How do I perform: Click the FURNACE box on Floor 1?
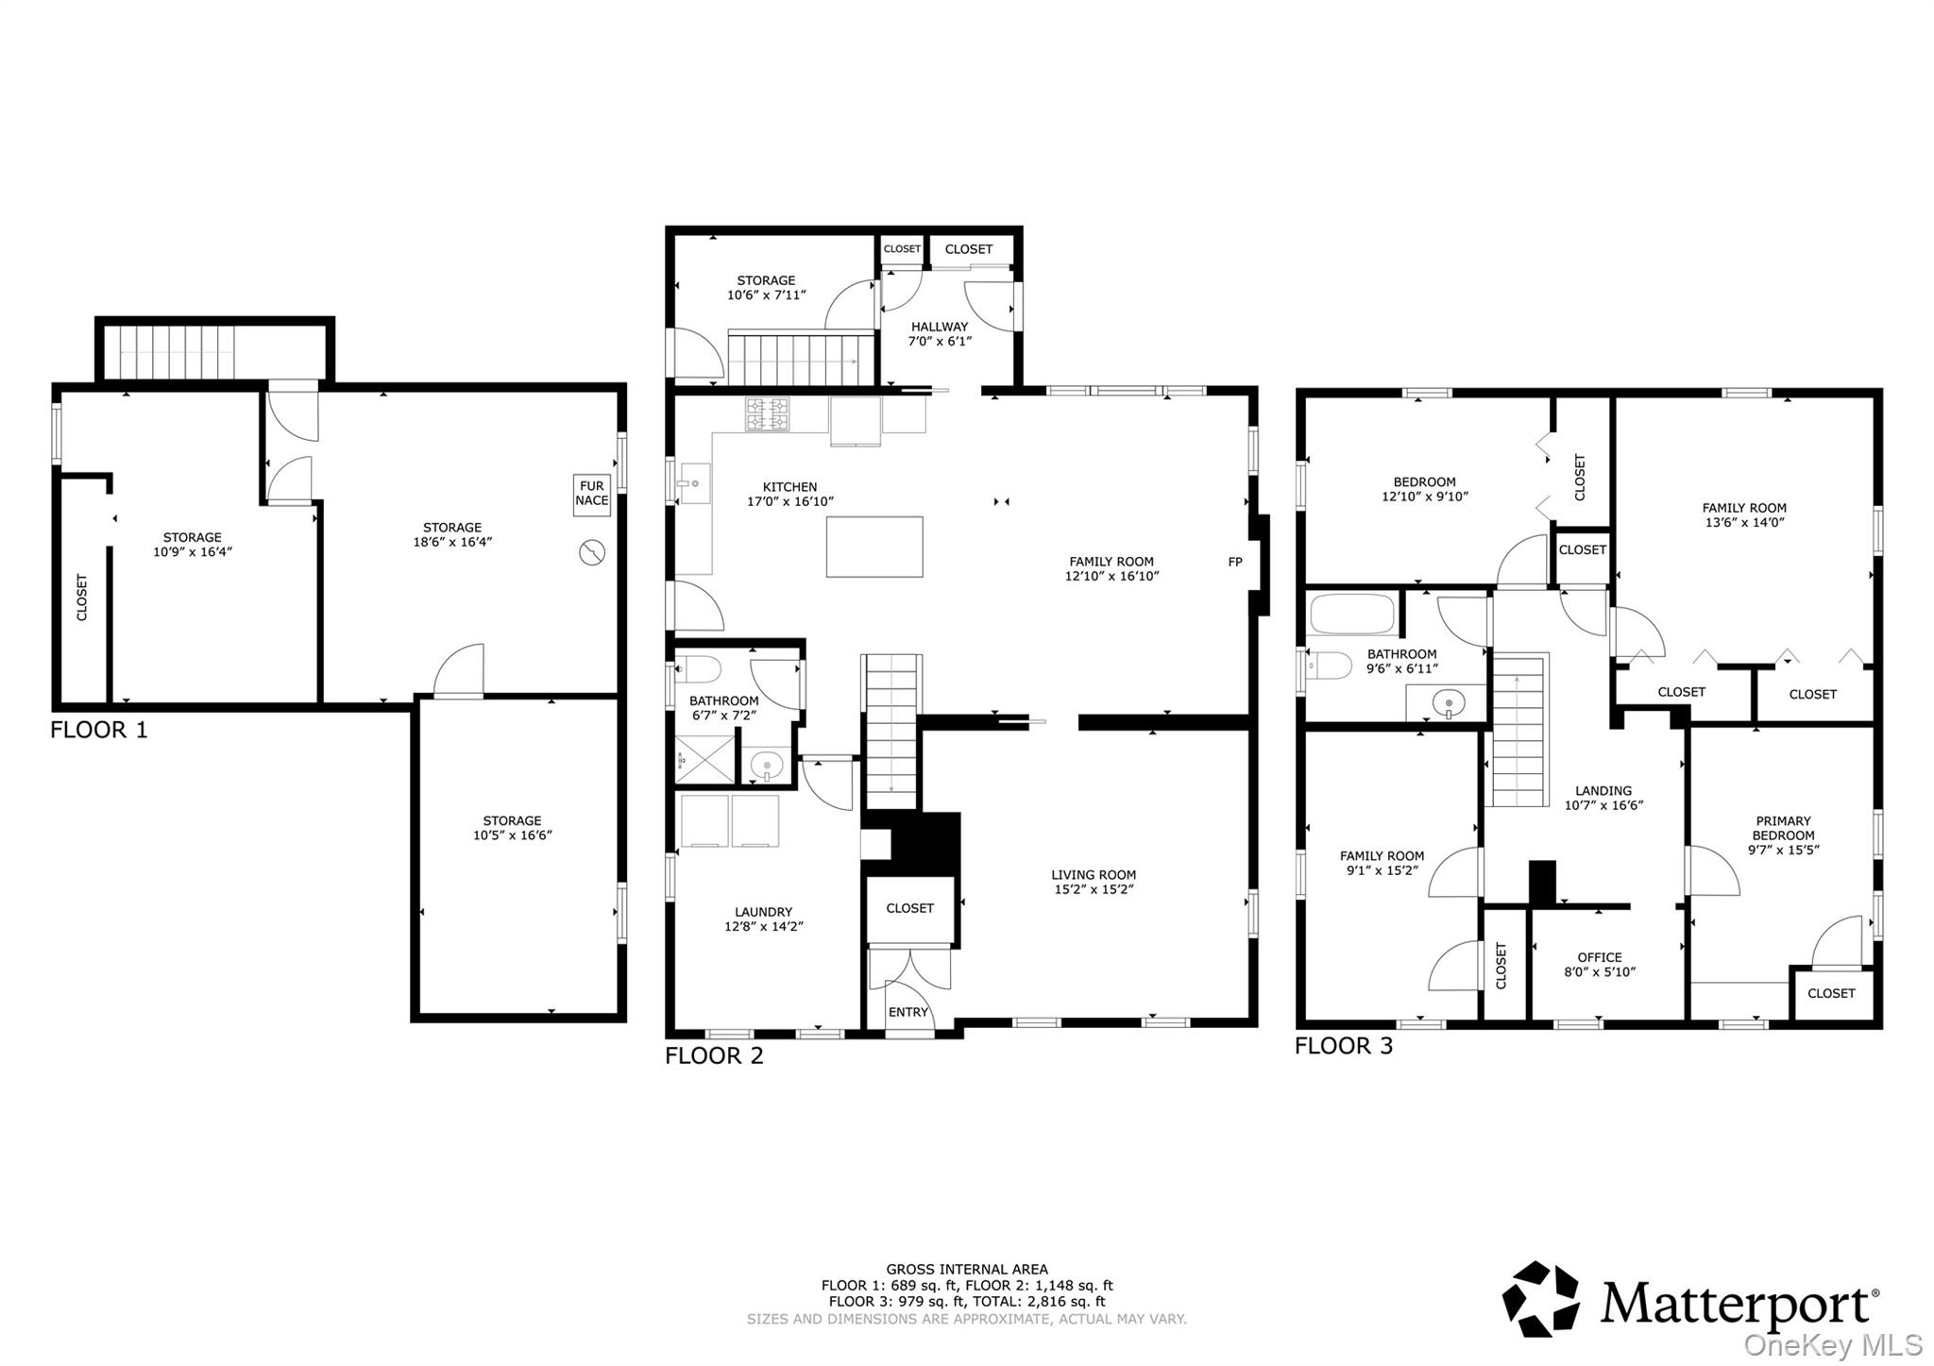point(591,494)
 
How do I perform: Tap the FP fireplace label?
point(1234,562)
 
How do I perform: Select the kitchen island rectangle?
point(874,547)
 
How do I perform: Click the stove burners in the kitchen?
point(767,413)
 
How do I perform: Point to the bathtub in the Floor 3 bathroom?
point(1352,615)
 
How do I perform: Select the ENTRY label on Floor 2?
point(908,1012)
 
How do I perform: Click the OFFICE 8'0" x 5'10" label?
point(1599,964)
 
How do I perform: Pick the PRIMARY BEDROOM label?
point(1783,828)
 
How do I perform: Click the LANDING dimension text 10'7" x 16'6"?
point(1603,805)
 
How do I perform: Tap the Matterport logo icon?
point(1540,1299)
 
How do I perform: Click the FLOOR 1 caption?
point(99,730)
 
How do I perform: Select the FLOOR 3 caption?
point(1343,1046)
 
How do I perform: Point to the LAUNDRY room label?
point(763,912)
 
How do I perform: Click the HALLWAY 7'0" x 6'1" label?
point(939,333)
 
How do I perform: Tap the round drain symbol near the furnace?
point(591,551)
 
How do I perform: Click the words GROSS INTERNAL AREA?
point(966,1270)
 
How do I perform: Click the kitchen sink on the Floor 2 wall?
point(694,484)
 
